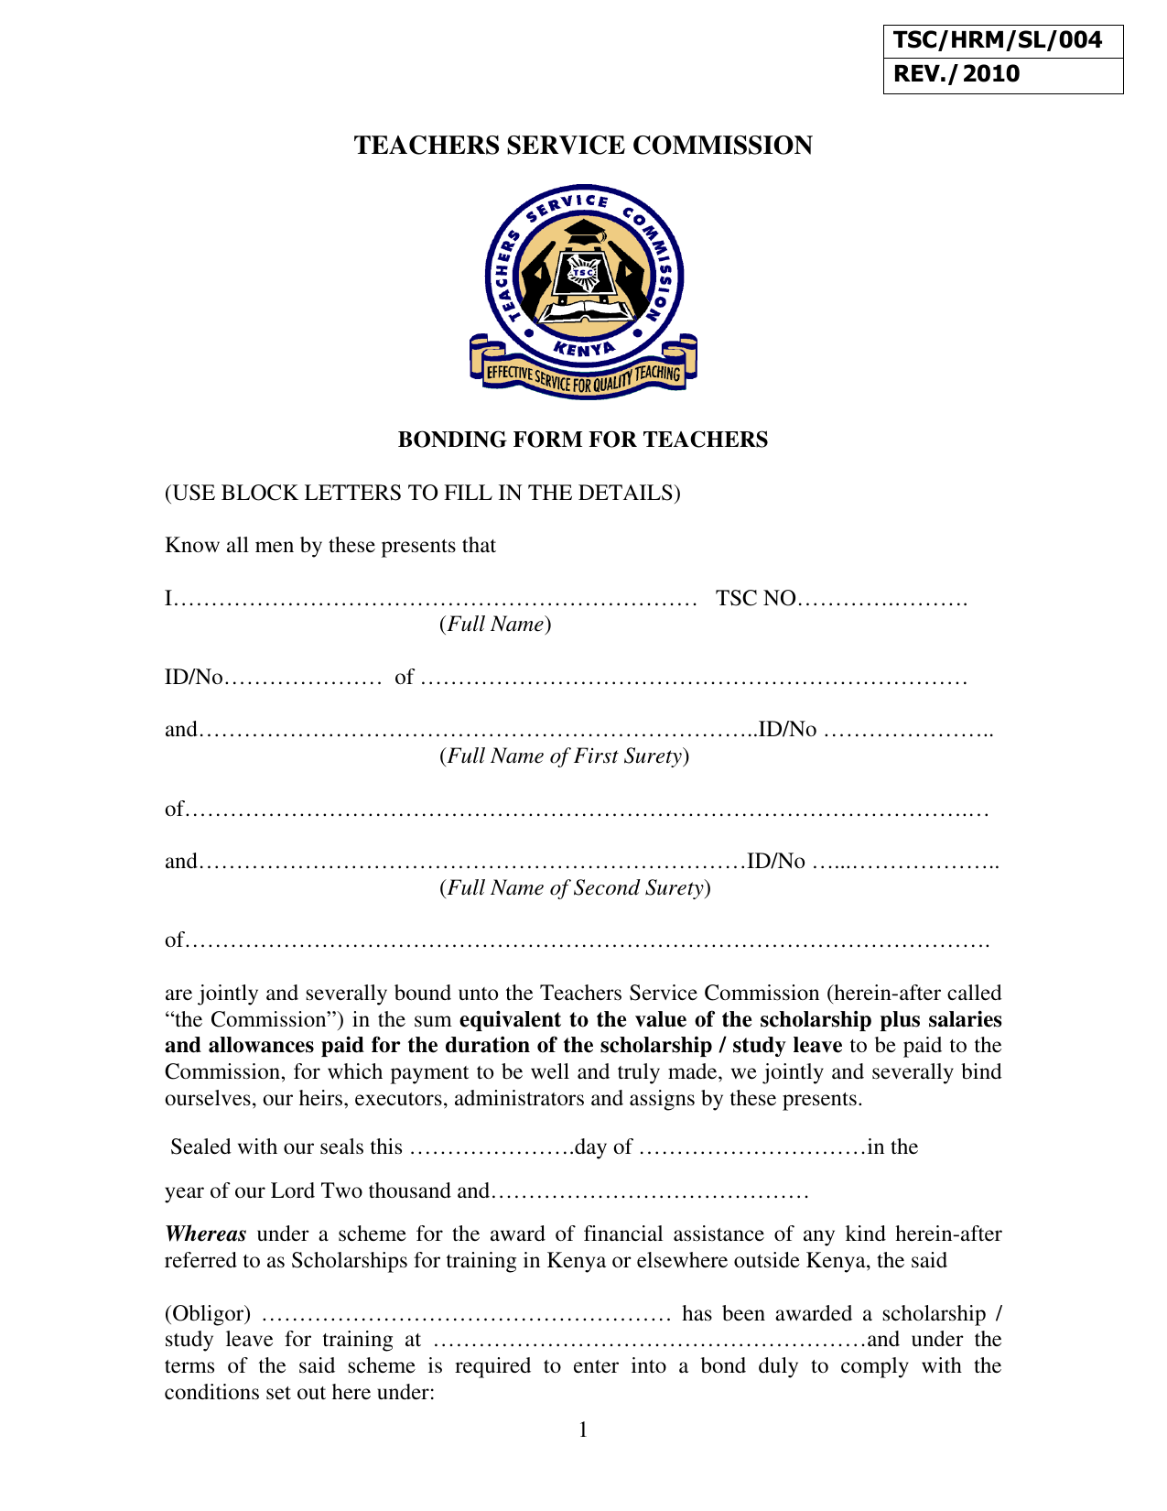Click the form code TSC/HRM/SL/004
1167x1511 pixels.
pyautogui.click(x=997, y=40)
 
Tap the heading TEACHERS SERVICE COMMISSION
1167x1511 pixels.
pyautogui.click(x=583, y=146)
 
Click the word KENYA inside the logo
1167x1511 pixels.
pyautogui.click(x=584, y=348)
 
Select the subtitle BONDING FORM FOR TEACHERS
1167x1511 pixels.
pyautogui.click(x=582, y=440)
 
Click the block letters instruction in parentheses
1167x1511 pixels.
pyautogui.click(x=422, y=493)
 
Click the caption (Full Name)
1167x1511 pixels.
pyautogui.click(x=495, y=625)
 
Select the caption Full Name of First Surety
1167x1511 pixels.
pyautogui.click(x=564, y=756)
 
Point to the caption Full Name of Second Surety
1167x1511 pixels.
pyautogui.click(x=575, y=888)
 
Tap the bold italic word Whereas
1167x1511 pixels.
pyautogui.click(x=205, y=1234)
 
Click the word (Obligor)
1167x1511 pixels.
pyautogui.click(x=207, y=1314)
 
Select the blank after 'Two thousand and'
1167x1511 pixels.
pyautogui.click(x=650, y=1192)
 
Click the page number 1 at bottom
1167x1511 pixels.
pyautogui.click(x=583, y=1430)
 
